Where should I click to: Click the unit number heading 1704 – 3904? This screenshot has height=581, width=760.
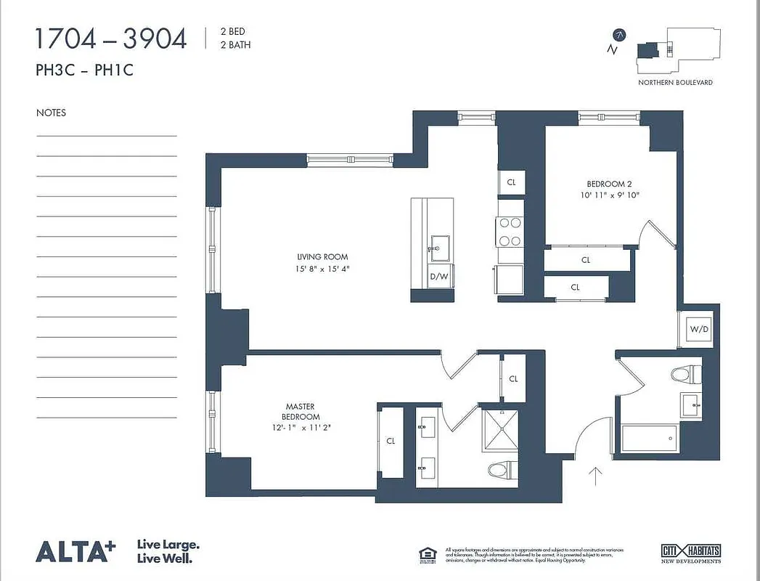[x=110, y=38]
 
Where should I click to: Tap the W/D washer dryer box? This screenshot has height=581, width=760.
[x=698, y=329]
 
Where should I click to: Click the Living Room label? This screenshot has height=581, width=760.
[x=322, y=257]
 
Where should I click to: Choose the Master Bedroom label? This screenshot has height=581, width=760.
[x=300, y=412]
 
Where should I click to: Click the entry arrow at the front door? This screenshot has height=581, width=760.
[x=595, y=476]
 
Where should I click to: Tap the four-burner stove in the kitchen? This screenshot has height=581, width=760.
[x=510, y=232]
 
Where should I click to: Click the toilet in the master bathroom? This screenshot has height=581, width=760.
[x=500, y=470]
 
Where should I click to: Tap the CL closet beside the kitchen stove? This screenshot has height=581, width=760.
[x=511, y=182]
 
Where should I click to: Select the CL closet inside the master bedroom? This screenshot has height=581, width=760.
[x=391, y=441]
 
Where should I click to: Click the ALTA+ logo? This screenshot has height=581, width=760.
[x=75, y=551]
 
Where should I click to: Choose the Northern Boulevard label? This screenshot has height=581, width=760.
[x=675, y=83]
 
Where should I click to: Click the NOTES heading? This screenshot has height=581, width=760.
[x=51, y=113]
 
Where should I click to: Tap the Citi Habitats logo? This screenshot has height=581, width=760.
[x=690, y=553]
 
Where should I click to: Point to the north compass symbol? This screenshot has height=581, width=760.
[x=619, y=35]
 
